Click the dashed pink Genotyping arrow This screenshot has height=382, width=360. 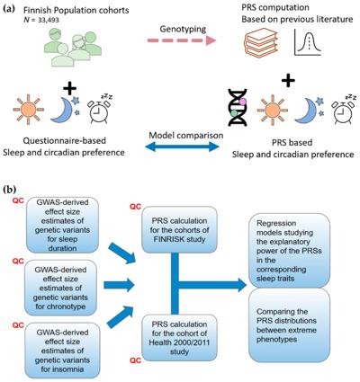click(182, 40)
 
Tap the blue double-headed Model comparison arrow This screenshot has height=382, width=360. click(182, 147)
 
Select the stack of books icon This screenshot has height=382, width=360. click(260, 41)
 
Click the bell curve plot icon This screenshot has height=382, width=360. click(307, 42)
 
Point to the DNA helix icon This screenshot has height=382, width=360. click(238, 107)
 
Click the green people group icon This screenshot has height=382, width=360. click(73, 47)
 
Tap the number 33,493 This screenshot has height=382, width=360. click(46, 20)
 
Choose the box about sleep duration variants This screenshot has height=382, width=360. click(62, 225)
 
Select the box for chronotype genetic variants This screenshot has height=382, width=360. click(60, 288)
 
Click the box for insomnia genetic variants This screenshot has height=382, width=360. click(62, 351)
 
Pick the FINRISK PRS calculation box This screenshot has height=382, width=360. click(179, 230)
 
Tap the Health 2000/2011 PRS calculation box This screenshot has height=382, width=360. click(179, 337)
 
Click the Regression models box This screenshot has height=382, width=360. click(289, 251)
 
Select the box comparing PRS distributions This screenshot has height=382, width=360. click(289, 325)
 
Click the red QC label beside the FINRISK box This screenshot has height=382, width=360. click(135, 207)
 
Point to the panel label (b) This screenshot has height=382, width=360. click(10, 191)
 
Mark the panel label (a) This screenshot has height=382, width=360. click(9, 9)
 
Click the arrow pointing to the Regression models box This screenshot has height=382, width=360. click(212, 285)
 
